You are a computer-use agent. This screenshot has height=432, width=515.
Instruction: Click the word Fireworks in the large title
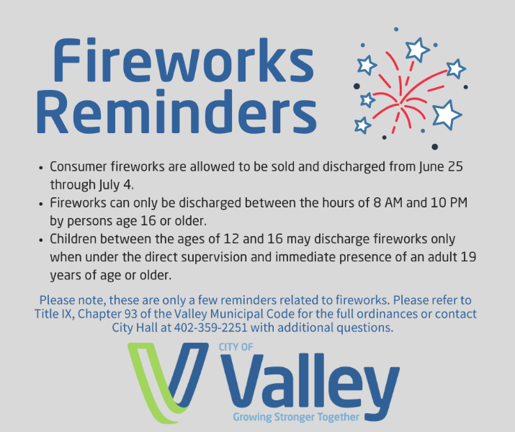(x=184, y=60)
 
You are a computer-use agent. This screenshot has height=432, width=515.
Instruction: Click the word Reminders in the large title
(x=176, y=113)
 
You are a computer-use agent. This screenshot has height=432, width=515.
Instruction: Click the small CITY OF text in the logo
(x=236, y=347)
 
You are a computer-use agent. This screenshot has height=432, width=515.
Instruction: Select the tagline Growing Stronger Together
(x=295, y=417)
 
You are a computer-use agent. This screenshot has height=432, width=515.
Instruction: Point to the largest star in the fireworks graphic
(x=447, y=114)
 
